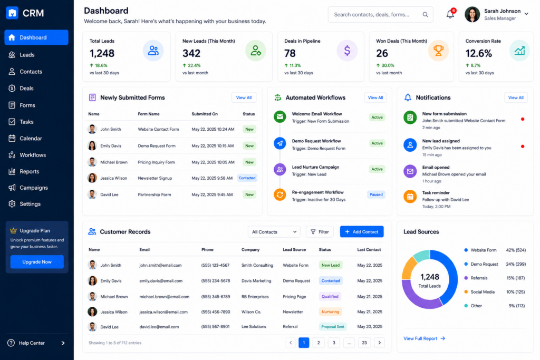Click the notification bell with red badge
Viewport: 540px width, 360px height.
pyautogui.click(x=451, y=14)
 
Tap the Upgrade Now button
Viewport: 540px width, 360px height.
pyautogui.click(x=37, y=262)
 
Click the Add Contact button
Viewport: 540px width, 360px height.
pyautogui.click(x=362, y=231)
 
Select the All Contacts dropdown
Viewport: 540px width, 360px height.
pyautogui.click(x=274, y=231)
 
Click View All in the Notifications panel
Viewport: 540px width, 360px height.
pyautogui.click(x=516, y=98)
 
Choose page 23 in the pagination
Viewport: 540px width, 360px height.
pyautogui.click(x=364, y=343)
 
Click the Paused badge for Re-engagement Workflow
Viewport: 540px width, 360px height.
pyautogui.click(x=376, y=194)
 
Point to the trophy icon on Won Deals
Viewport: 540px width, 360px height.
pyautogui.click(x=438, y=51)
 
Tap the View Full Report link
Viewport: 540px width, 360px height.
pyautogui.click(x=424, y=339)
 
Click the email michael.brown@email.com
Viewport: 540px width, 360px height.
pyautogui.click(x=165, y=297)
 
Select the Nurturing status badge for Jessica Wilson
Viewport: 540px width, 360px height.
pyautogui.click(x=330, y=312)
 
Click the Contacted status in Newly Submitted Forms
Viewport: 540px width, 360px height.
pyautogui.click(x=247, y=178)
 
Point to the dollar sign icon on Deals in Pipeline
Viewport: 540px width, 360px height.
pyautogui.click(x=347, y=51)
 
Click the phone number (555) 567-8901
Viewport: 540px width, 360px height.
pyautogui.click(x=215, y=327)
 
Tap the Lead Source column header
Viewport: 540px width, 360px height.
pyautogui.click(x=294, y=249)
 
